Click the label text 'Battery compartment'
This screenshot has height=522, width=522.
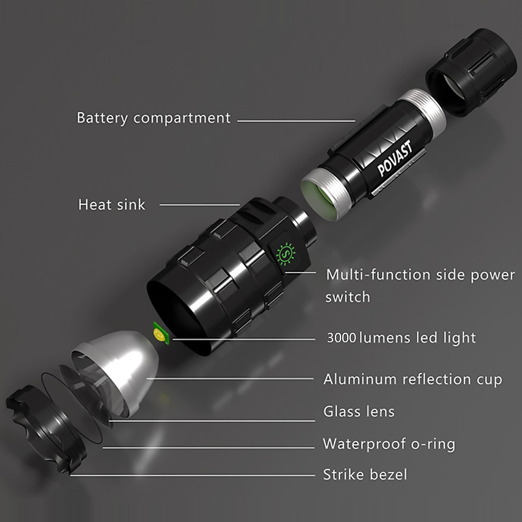point(153,118)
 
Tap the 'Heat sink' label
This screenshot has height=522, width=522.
point(111,204)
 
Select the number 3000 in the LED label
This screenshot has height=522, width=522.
point(341,338)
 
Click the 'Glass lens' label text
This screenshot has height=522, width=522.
point(359,412)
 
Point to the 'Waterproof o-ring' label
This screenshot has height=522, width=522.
point(389,444)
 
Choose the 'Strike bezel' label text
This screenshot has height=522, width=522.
point(365,474)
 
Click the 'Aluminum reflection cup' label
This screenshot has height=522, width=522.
point(412,379)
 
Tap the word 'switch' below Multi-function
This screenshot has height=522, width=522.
point(348,297)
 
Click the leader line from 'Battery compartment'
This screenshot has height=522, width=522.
point(296,121)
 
